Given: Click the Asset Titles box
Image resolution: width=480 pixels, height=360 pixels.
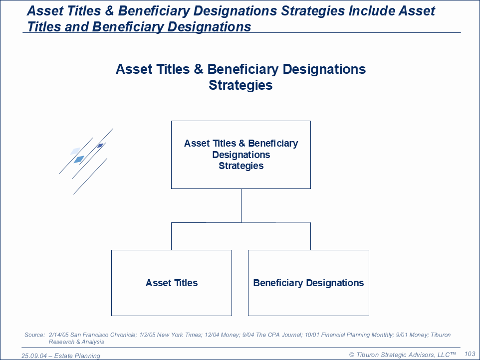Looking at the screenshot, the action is click(x=172, y=283).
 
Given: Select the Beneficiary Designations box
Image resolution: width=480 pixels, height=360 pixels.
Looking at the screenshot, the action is click(x=308, y=283).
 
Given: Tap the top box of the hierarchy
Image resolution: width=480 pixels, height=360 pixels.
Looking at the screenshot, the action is click(x=241, y=155).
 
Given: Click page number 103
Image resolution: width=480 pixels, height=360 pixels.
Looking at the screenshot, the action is click(x=470, y=354).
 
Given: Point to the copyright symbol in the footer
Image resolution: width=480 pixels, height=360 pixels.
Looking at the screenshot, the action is click(x=352, y=355).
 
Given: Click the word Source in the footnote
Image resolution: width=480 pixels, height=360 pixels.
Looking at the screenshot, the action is click(x=34, y=335).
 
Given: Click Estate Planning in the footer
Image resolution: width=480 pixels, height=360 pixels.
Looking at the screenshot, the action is click(x=77, y=356).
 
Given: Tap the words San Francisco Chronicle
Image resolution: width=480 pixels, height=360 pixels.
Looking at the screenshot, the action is click(x=103, y=335).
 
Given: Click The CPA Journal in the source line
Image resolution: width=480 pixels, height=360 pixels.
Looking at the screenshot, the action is click(x=278, y=335).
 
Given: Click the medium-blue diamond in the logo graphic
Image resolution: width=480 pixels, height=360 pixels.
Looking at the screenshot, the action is click(x=79, y=160).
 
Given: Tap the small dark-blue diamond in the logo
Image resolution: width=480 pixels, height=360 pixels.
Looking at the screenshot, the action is click(x=100, y=145).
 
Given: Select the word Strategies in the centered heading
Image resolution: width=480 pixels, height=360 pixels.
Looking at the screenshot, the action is click(x=240, y=85).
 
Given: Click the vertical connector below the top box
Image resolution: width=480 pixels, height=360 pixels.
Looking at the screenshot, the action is click(x=241, y=205).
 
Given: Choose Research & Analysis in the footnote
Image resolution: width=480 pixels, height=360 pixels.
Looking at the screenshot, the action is click(x=76, y=342).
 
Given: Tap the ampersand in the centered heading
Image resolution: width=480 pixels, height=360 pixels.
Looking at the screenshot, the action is click(x=199, y=69).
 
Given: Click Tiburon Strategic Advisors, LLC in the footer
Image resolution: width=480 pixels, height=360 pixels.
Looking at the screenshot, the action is click(x=403, y=355).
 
